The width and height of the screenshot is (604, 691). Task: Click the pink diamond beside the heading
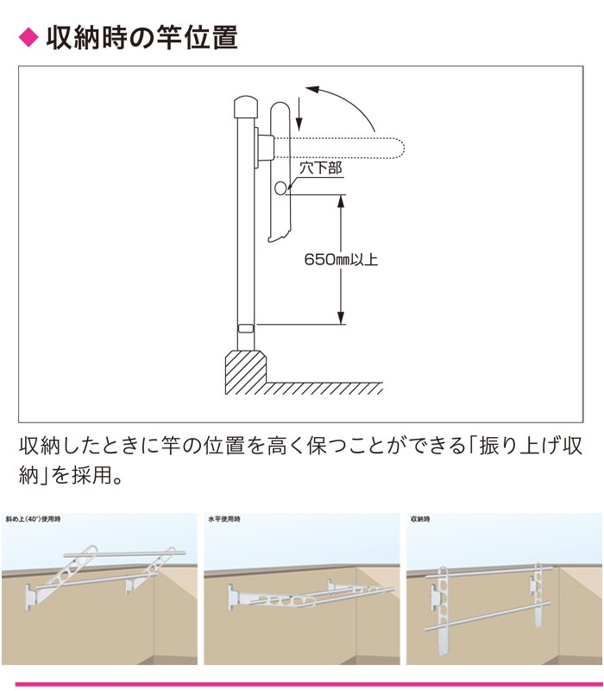(28, 37)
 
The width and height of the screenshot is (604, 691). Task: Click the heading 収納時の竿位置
(142, 37)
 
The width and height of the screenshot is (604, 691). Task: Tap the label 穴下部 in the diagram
(320, 168)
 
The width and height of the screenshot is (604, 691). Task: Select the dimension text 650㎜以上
(341, 259)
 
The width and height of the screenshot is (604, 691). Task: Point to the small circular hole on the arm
(280, 188)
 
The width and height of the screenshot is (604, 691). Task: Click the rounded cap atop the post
(246, 106)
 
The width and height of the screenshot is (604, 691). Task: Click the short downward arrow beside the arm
(299, 114)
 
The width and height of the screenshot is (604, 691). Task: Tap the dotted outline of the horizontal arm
(338, 148)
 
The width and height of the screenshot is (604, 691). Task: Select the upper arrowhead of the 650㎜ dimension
(340, 201)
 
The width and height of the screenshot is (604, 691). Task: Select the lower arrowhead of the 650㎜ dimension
(340, 318)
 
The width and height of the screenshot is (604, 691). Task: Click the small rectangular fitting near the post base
(246, 329)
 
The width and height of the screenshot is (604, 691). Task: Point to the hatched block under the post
(246, 372)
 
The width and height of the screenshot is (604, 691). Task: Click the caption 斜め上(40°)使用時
(33, 519)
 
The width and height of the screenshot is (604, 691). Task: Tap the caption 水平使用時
(224, 519)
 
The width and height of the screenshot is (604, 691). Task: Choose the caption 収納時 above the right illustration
(420, 519)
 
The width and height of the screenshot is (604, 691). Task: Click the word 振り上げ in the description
(519, 446)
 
